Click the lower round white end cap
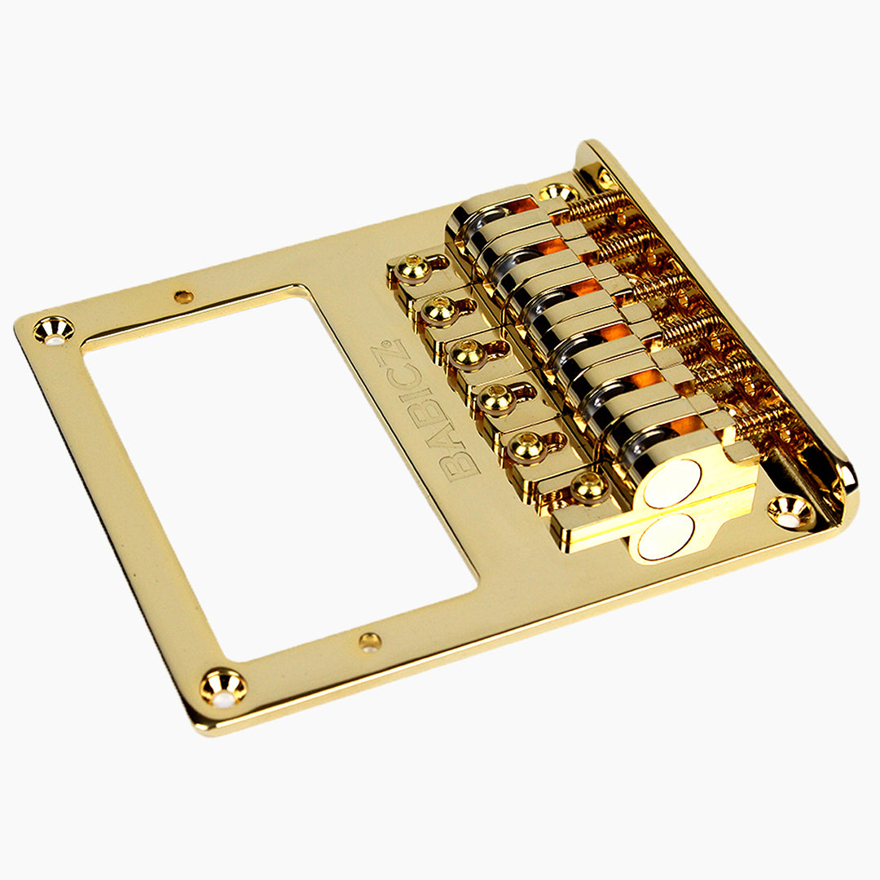point(666,539)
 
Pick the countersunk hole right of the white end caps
point(790,511)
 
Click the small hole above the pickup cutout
point(184,297)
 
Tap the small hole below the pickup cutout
point(370,642)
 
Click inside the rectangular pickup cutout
point(277,473)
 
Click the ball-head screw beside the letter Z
point(442,310)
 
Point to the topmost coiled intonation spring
point(599,208)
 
